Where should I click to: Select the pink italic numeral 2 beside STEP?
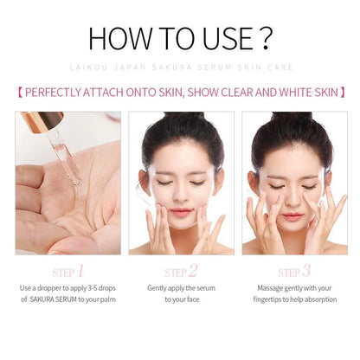coord(193,270)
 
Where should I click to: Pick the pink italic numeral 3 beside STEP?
coord(307,270)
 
